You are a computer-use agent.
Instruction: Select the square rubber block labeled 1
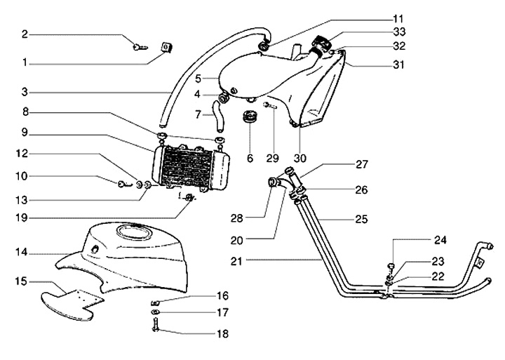point(167,48)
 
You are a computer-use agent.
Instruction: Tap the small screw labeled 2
point(140,47)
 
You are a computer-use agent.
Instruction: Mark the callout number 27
point(361,166)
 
